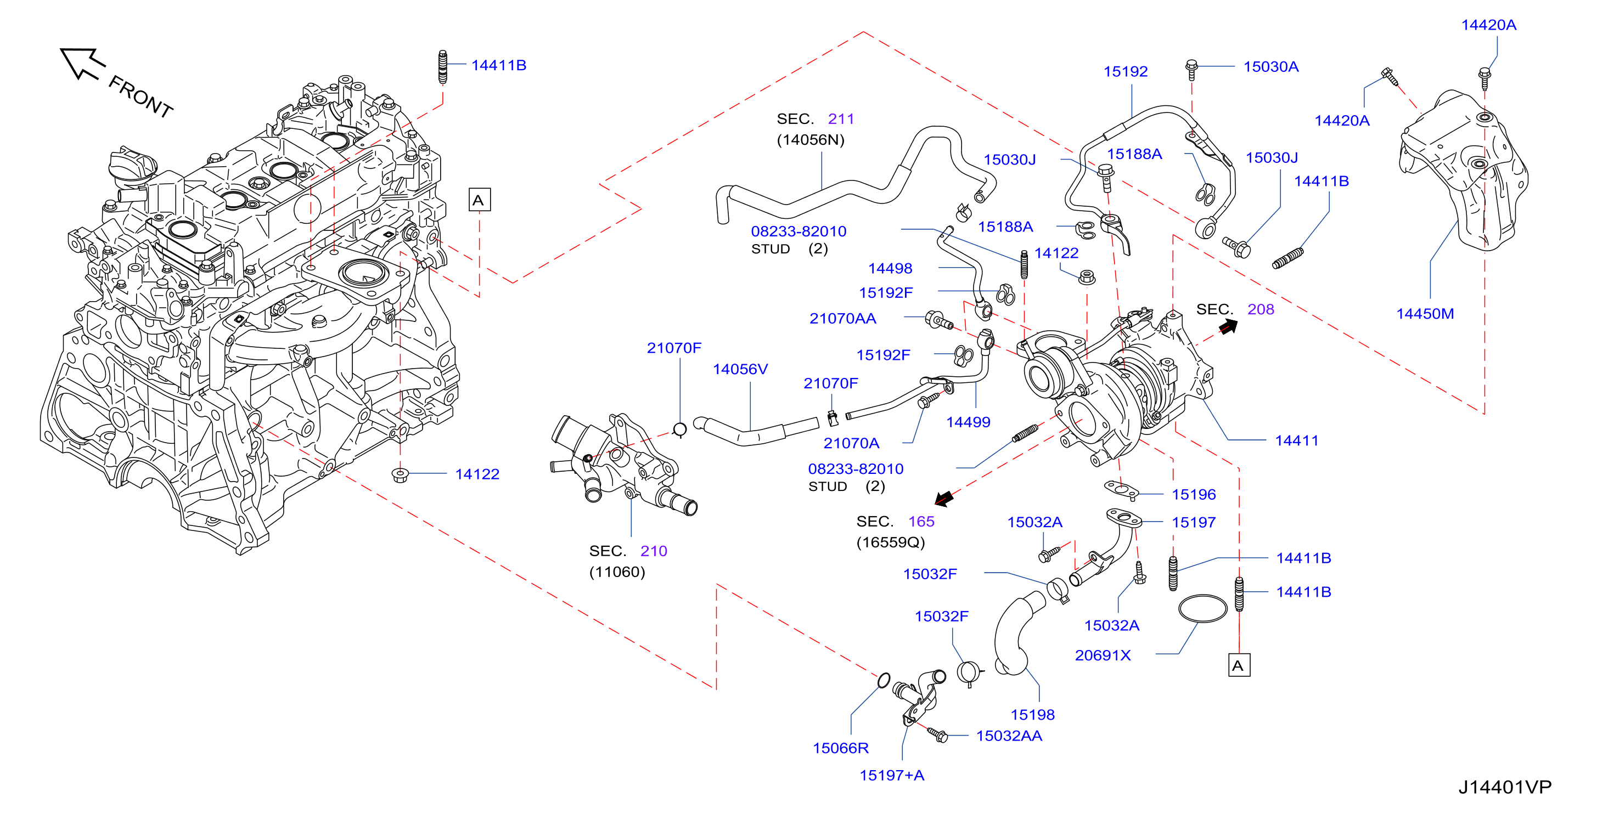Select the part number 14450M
point(1425,314)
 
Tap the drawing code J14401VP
point(1504,787)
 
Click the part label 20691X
point(1103,655)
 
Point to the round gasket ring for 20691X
point(1202,608)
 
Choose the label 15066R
point(840,748)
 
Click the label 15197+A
point(892,775)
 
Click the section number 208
point(1261,309)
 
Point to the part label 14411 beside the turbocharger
point(1296,440)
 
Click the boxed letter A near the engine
point(479,200)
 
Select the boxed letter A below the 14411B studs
point(1239,665)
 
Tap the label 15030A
point(1270,66)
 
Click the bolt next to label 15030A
point(1191,69)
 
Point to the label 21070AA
point(843,318)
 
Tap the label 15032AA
point(1009,736)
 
